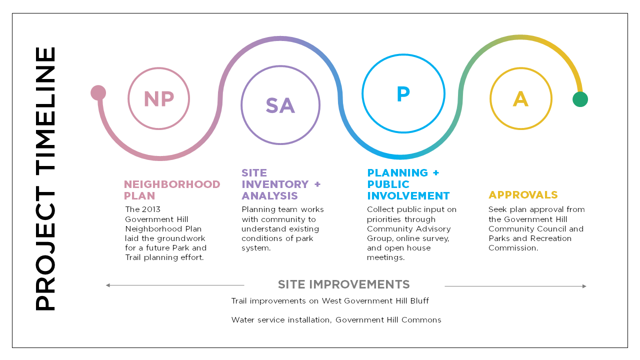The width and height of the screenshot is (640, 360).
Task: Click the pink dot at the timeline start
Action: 98,93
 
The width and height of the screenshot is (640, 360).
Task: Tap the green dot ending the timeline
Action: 580,99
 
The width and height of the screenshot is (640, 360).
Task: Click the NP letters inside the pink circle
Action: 159,99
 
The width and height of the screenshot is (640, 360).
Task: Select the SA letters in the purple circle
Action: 280,105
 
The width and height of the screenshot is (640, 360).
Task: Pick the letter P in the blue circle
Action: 403,93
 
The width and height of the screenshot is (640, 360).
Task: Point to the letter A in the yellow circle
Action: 520,99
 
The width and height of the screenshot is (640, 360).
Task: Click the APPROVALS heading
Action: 523,195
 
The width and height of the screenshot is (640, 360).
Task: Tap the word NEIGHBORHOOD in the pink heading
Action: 172,184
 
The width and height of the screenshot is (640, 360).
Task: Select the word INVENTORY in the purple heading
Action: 275,184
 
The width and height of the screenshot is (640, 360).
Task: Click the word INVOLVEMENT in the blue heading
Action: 408,196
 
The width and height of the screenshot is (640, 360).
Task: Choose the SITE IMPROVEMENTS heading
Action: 343,284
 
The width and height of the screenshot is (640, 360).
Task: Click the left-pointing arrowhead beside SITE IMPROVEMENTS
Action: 107,285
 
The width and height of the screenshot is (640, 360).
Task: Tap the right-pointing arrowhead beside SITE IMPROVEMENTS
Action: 584,286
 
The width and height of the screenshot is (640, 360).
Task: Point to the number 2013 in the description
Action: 151,209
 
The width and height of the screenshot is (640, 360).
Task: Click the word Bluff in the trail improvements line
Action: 419,301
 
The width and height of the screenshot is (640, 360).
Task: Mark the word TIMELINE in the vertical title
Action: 45,111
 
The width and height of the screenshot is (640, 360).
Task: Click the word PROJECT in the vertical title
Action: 45,248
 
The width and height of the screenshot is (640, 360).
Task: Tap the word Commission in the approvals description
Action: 513,248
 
